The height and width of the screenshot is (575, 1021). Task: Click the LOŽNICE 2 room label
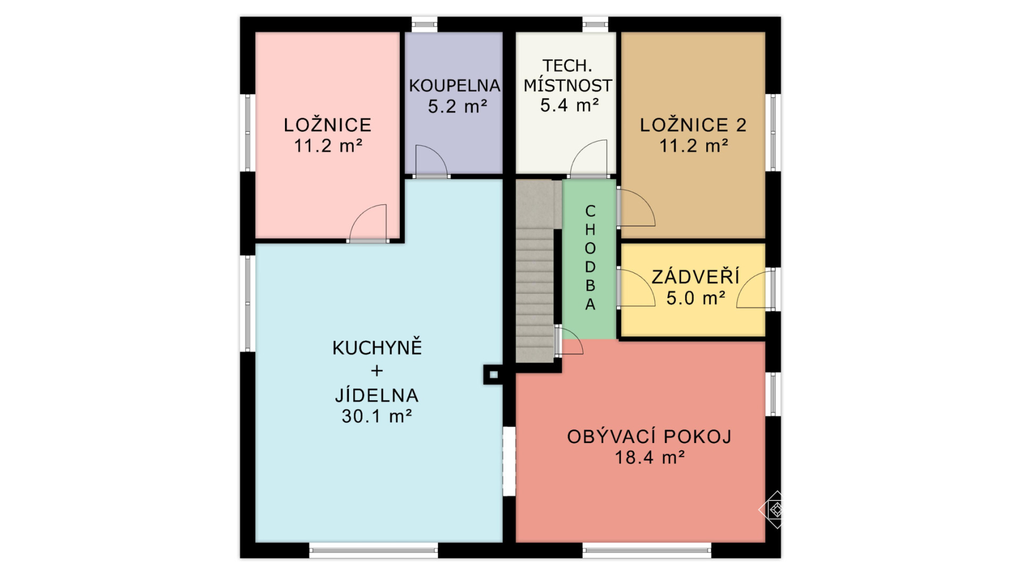[x=693, y=125]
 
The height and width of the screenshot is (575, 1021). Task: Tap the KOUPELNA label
[x=454, y=86]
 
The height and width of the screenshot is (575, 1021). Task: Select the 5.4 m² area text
[x=570, y=105]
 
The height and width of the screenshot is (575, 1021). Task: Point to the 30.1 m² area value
[x=376, y=416]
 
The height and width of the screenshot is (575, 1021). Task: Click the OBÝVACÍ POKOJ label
[x=649, y=437]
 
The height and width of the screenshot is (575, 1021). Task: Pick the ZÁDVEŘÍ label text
[x=696, y=276]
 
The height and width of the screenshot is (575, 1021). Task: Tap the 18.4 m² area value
[x=649, y=457]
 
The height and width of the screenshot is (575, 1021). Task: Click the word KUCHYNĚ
[x=377, y=347]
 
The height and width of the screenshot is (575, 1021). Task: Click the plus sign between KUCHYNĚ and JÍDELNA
[x=377, y=371]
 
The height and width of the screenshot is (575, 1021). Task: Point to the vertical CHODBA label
[x=590, y=258]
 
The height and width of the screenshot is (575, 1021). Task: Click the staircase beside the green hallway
[x=535, y=272]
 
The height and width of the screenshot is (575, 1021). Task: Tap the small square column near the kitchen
[x=493, y=375]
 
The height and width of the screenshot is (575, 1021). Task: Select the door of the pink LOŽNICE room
[x=367, y=223]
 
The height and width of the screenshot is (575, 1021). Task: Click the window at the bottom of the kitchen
[x=374, y=551]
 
